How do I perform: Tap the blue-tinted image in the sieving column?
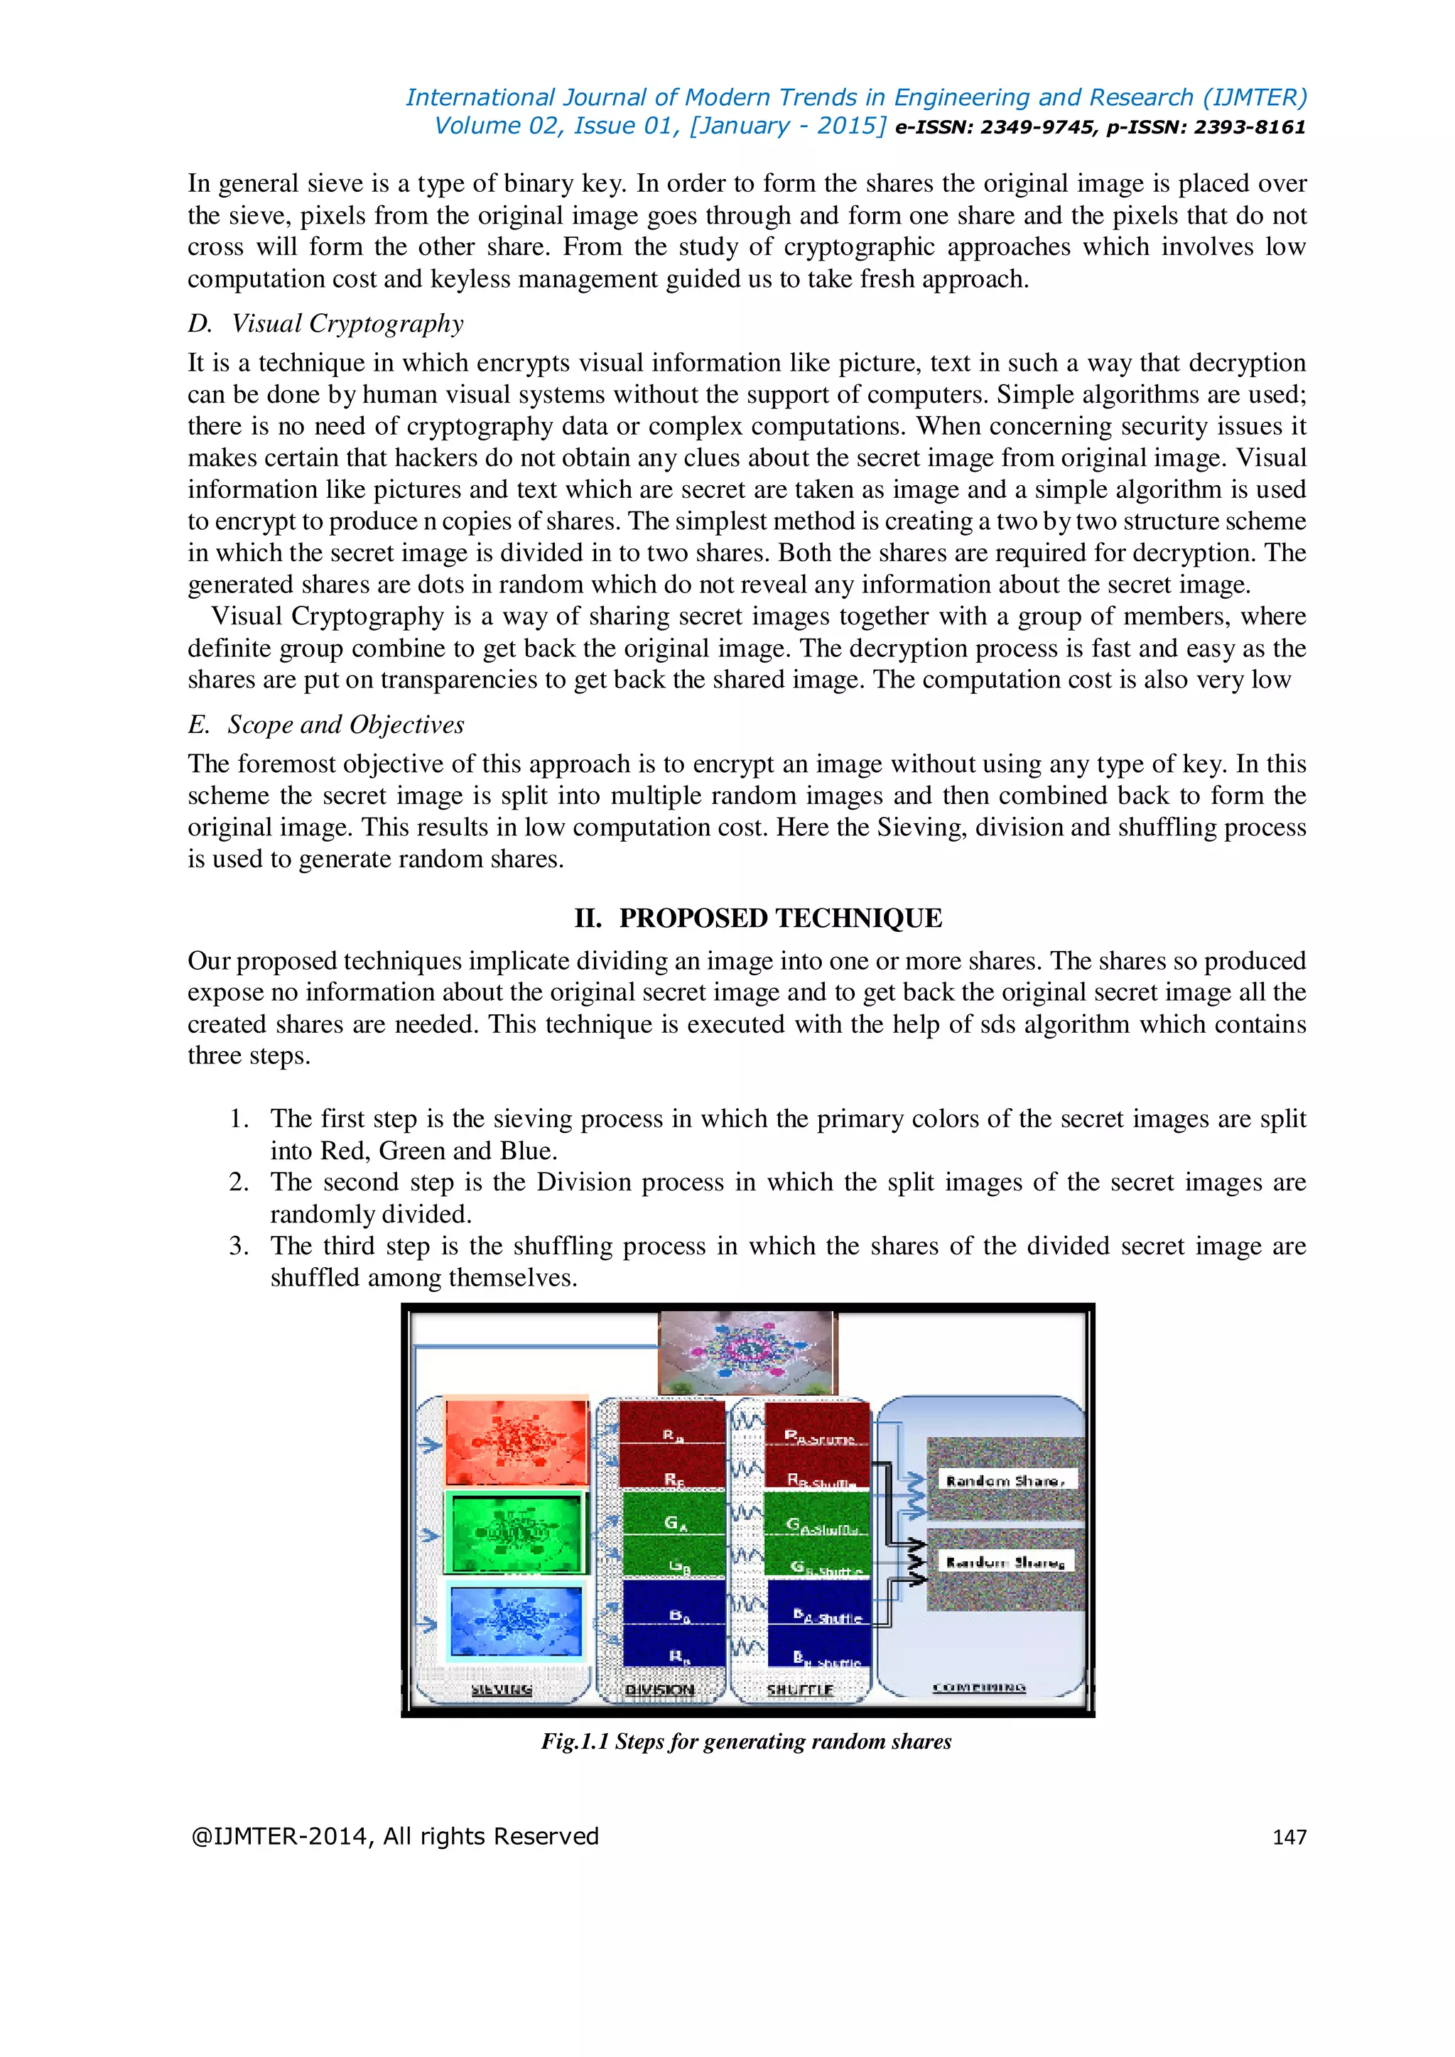coord(516,1622)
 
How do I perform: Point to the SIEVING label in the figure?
coord(502,1690)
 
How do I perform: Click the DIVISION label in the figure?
coord(660,1690)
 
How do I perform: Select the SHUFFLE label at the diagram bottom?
coord(800,1690)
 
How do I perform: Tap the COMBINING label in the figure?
coord(979,1688)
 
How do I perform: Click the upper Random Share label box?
coord(1006,1481)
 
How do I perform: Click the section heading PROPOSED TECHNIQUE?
coord(758,918)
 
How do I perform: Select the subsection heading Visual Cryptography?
coord(347,323)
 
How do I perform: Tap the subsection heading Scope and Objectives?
coord(345,724)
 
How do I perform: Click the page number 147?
coord(1289,1837)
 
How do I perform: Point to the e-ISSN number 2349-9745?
coord(1037,127)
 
